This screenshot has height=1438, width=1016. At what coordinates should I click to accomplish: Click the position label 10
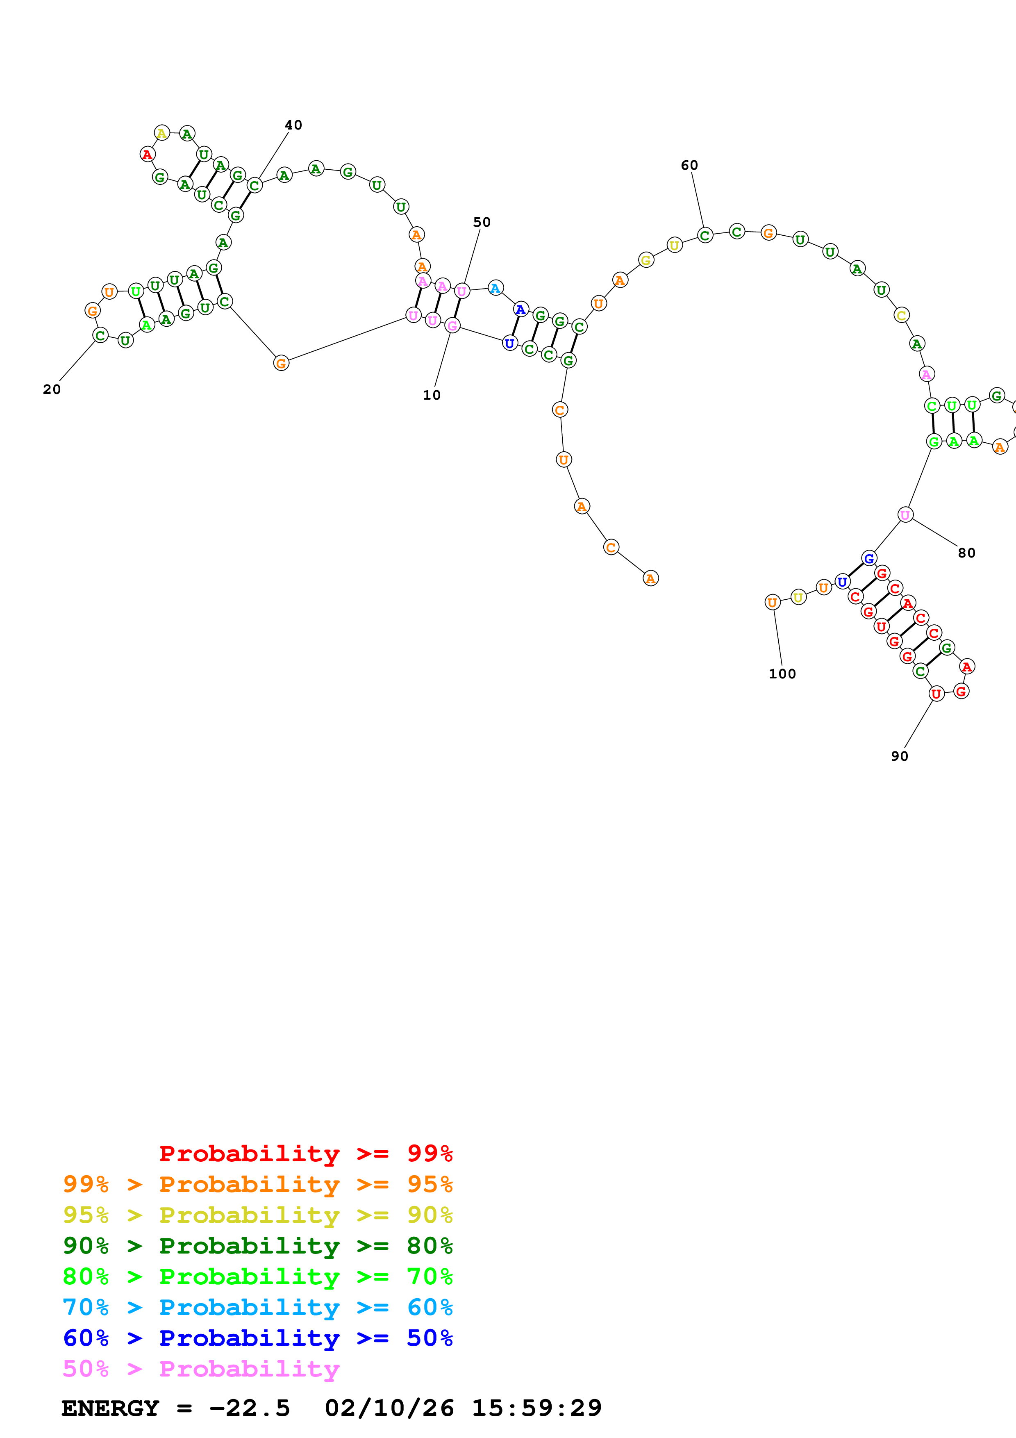[431, 395]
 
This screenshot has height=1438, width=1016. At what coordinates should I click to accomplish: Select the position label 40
[293, 125]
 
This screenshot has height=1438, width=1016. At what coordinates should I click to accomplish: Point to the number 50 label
[482, 222]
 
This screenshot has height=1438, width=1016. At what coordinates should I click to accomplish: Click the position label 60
[689, 165]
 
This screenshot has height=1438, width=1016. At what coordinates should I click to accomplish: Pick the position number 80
[966, 553]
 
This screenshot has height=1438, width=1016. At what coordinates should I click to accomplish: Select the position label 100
[782, 674]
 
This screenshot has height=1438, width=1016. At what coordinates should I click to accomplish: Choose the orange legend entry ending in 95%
[257, 1184]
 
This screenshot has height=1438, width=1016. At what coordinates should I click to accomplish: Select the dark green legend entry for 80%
[257, 1246]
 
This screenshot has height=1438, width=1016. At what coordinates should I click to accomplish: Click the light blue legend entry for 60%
[257, 1307]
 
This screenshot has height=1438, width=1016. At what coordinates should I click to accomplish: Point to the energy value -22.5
[249, 1408]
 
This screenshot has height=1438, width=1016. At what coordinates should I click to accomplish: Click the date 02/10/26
[389, 1408]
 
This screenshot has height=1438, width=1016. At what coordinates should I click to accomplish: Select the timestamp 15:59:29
[536, 1408]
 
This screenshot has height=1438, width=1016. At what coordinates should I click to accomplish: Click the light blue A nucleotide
[495, 288]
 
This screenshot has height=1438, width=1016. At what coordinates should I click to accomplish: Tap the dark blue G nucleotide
[868, 558]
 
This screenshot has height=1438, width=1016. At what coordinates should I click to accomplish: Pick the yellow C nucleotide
[901, 315]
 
